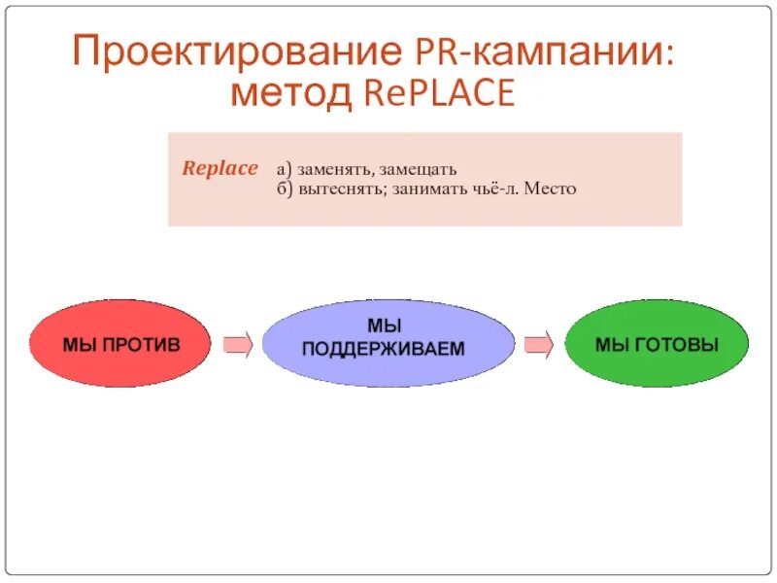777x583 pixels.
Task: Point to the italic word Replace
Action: (220, 168)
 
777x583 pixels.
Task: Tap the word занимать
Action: (432, 189)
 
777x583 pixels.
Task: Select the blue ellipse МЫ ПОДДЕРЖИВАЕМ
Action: (388, 343)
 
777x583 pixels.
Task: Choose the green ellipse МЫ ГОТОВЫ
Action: (657, 344)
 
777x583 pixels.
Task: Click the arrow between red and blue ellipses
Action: (238, 344)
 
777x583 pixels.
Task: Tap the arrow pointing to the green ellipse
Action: (539, 344)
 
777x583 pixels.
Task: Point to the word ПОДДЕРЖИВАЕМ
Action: (384, 348)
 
